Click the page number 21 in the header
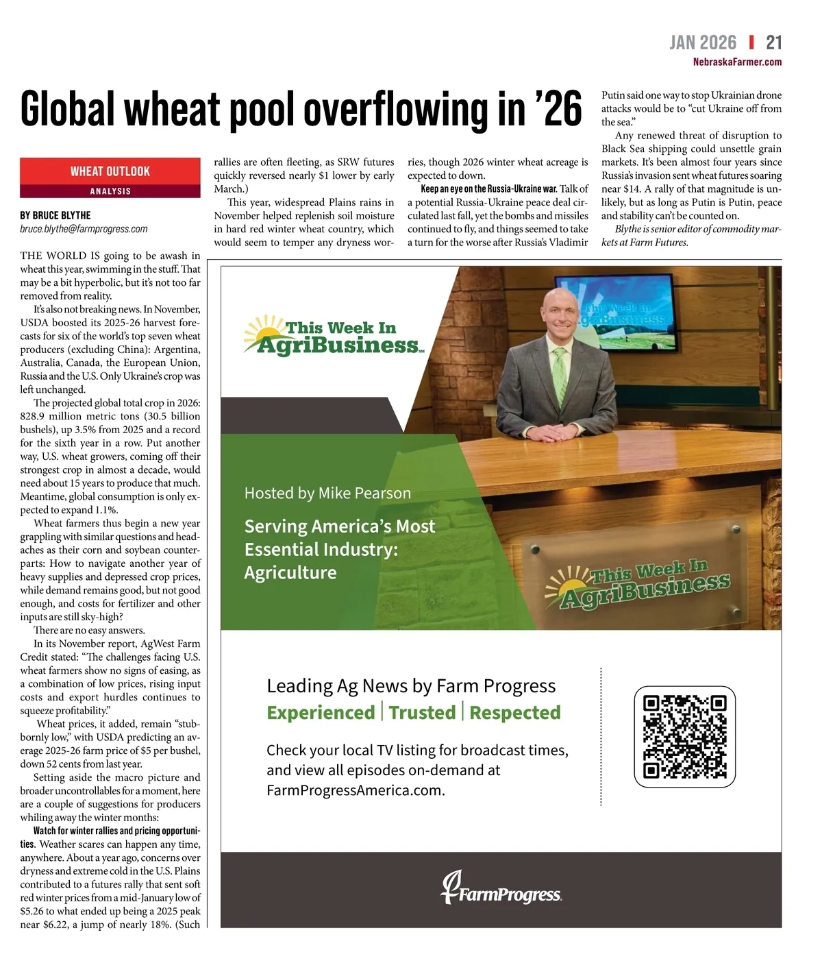click(x=773, y=42)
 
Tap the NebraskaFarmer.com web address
click(x=737, y=62)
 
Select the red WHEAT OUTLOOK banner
click(x=110, y=171)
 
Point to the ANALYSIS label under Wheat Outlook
click(x=110, y=191)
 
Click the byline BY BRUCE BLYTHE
click(x=55, y=215)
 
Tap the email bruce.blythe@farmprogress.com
click(x=84, y=229)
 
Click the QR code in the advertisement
click(x=684, y=736)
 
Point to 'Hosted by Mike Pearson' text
click(x=327, y=493)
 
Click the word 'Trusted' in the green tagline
click(x=422, y=713)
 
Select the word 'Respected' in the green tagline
click(x=515, y=713)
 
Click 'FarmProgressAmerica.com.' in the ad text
click(x=356, y=790)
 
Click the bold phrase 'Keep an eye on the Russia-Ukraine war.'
click(x=488, y=188)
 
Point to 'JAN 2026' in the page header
click(x=703, y=42)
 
